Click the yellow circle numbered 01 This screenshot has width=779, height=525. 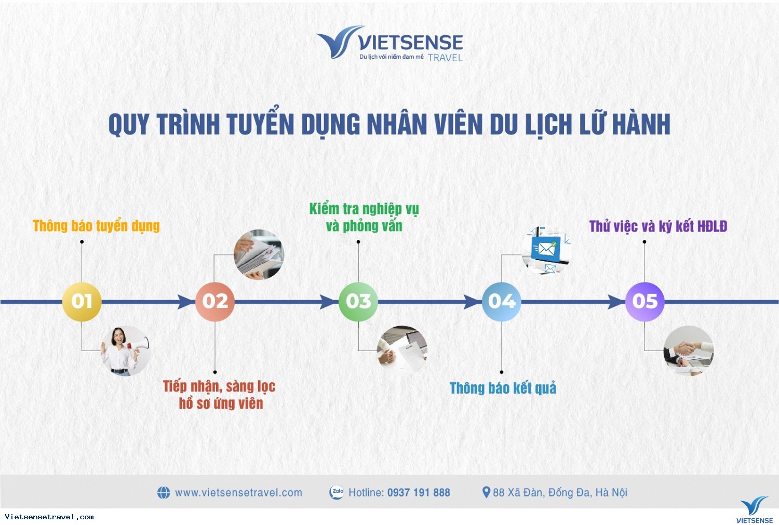[x=82, y=301]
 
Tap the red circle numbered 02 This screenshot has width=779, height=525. [x=215, y=301]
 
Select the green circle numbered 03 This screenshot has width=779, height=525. [x=358, y=301]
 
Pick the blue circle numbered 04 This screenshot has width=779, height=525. [x=502, y=301]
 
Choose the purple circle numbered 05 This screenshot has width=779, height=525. [x=645, y=301]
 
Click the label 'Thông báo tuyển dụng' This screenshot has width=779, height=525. [x=96, y=226]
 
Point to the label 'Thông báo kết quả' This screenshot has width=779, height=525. [x=503, y=388]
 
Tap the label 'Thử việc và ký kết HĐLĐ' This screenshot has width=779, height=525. [x=658, y=226]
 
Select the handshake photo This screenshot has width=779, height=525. [x=689, y=351]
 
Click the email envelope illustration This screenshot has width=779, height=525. [x=546, y=250]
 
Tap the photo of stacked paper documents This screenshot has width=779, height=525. [x=259, y=254]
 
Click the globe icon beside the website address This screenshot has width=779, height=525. [x=164, y=492]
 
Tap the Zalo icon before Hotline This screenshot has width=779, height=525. [x=337, y=492]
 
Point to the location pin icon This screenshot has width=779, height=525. [x=486, y=492]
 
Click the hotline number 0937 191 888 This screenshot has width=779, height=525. [x=419, y=492]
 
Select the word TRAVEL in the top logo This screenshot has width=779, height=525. [x=445, y=58]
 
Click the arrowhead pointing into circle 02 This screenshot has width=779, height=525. [x=186, y=301]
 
